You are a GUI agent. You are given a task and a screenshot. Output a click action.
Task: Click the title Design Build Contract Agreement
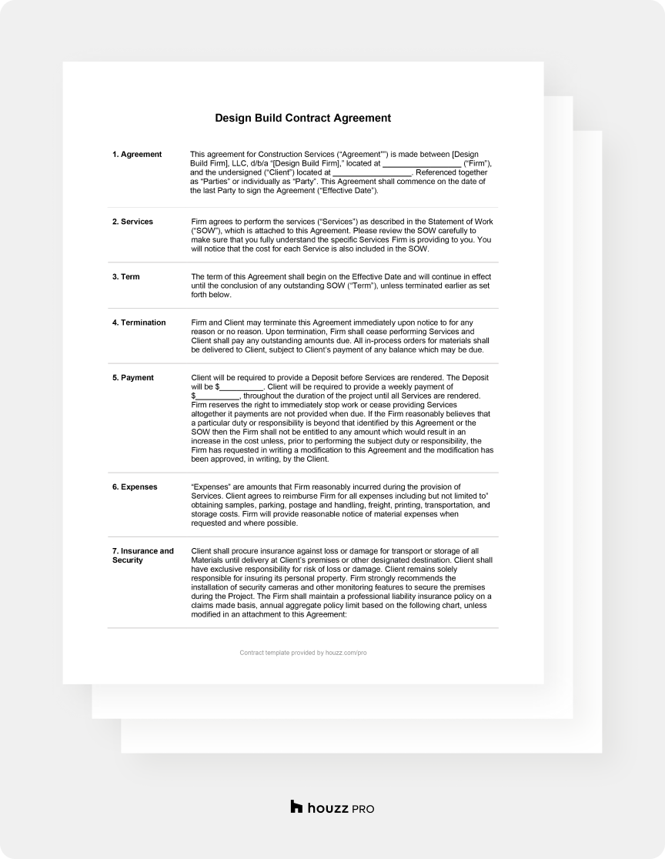click(302, 119)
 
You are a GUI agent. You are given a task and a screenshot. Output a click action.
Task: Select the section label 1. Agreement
click(137, 154)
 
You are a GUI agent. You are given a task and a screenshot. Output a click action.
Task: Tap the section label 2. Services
click(132, 222)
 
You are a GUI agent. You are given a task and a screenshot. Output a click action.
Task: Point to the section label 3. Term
click(126, 276)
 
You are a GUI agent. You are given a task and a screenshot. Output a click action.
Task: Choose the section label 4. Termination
click(139, 323)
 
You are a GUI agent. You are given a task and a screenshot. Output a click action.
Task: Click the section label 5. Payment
click(133, 378)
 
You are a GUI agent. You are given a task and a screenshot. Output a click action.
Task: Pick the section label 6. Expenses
click(135, 487)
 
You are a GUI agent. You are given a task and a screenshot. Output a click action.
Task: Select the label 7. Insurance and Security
click(143, 556)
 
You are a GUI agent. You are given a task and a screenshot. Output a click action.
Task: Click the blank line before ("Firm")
click(422, 164)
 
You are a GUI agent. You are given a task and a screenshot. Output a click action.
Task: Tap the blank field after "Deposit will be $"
click(242, 387)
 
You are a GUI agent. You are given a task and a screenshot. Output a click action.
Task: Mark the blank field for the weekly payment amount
click(217, 396)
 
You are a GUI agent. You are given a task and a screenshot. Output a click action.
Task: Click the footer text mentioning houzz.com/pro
click(303, 653)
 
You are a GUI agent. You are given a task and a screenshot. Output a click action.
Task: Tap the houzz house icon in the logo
click(297, 807)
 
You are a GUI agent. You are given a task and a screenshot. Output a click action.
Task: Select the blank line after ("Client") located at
click(373, 173)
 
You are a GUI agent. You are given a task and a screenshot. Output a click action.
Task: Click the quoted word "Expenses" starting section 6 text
click(208, 487)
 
